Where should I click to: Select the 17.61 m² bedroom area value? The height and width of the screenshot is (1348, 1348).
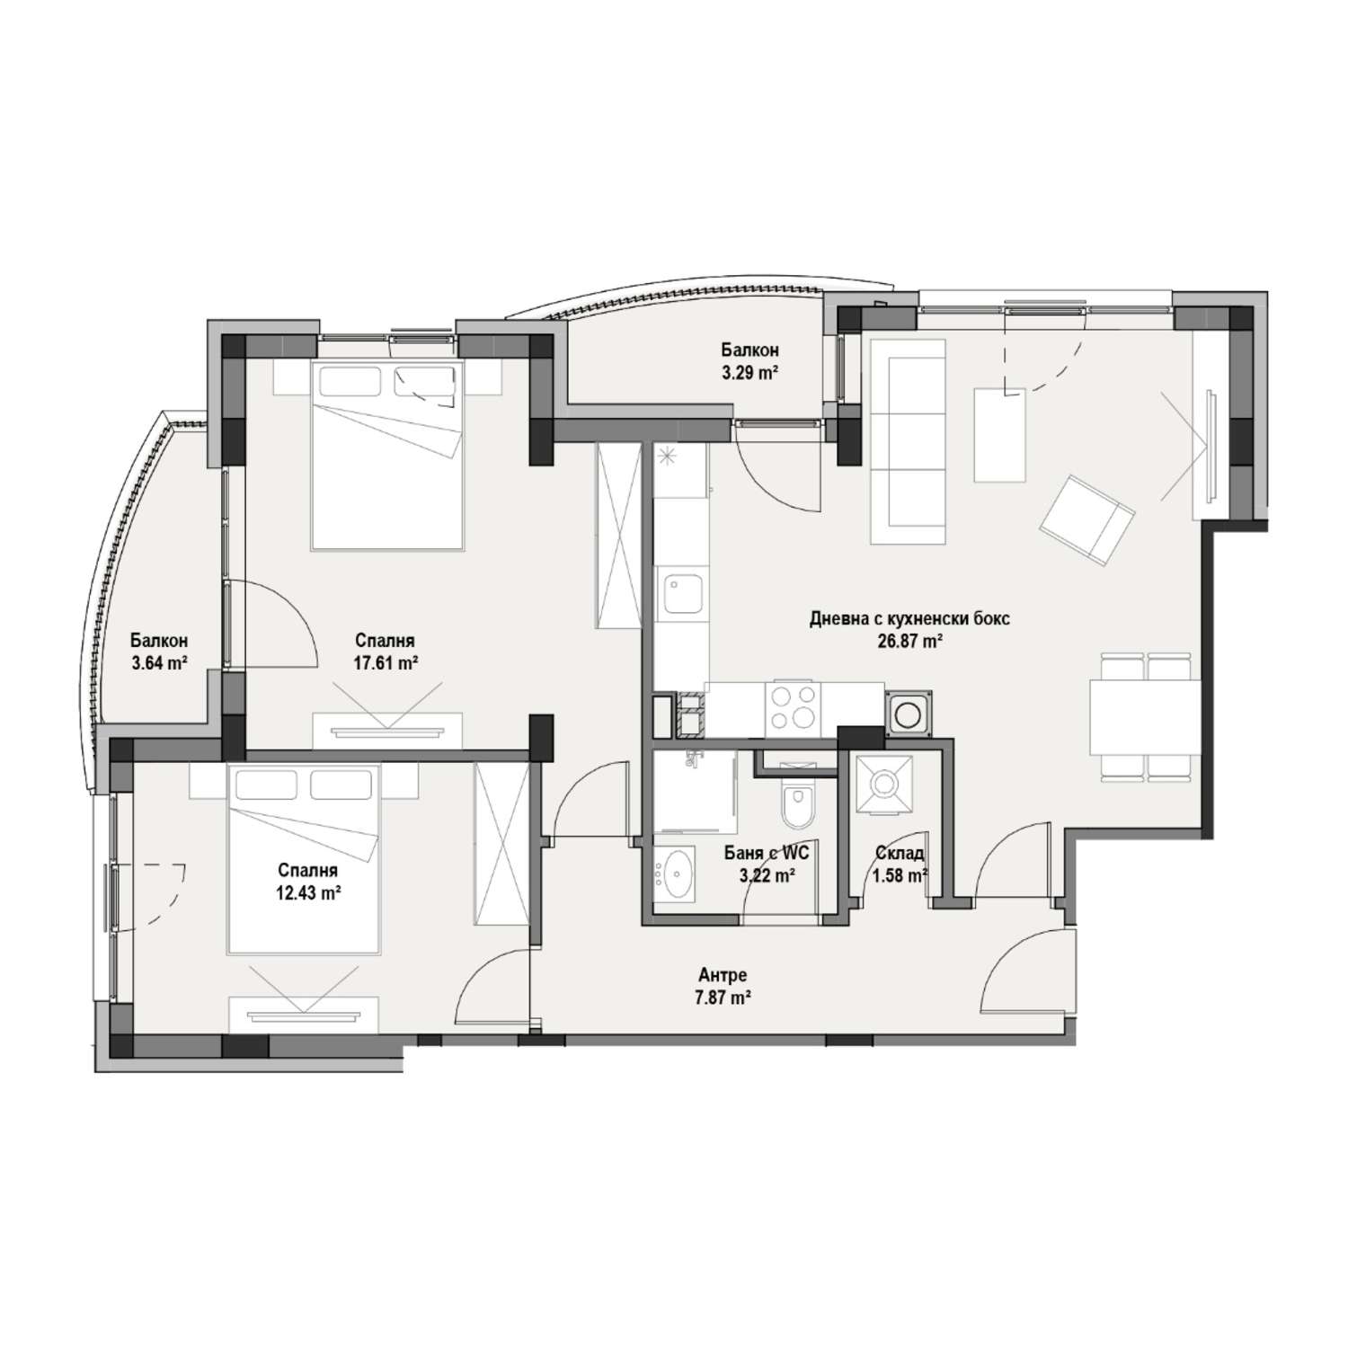385,663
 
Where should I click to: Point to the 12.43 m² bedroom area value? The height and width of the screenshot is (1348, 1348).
308,892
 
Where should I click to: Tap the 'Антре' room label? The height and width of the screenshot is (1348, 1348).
723,975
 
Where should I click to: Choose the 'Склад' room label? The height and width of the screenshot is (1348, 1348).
900,854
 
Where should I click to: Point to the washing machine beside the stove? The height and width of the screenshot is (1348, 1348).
909,714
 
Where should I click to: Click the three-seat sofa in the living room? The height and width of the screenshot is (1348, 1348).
909,442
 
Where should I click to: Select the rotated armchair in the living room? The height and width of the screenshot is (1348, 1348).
1086,520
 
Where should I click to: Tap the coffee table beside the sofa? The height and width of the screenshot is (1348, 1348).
999,434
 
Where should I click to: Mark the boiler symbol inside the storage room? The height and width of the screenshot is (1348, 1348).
883,785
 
